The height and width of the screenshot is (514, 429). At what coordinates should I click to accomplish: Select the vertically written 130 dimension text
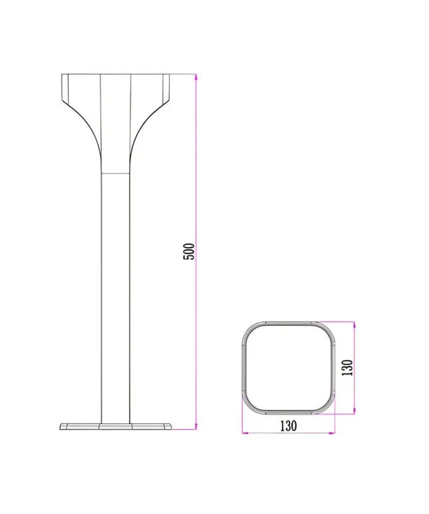coord(346,367)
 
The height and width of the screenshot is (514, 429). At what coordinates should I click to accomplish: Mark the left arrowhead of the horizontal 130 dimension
coord(245,434)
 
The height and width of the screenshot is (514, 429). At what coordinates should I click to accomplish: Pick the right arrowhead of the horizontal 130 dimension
coord(331,434)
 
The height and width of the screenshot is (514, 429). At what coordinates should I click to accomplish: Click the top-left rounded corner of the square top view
coord(250,330)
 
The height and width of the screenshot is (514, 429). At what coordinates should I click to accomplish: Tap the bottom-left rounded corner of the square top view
coord(250,405)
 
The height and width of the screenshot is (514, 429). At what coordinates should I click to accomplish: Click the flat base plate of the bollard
coord(116,426)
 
